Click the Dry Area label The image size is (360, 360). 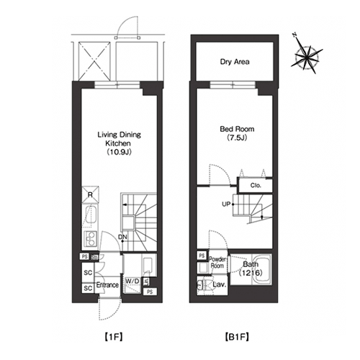click(x=235, y=62)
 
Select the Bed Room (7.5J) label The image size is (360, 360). click(x=237, y=133)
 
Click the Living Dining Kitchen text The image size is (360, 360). click(x=119, y=139)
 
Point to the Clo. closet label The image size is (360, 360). click(x=256, y=186)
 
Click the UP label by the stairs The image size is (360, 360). click(x=226, y=204)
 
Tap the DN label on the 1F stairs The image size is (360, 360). click(x=122, y=237)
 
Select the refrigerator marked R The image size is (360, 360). click(x=90, y=194)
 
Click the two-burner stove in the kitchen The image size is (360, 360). click(x=90, y=240)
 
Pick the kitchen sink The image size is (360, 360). click(x=91, y=217)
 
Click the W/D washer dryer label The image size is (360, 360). click(x=132, y=281)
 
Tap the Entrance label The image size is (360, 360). click(x=107, y=285)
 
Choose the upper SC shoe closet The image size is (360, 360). click(x=88, y=273)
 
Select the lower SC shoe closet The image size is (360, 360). click(x=88, y=288)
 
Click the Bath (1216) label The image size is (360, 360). click(x=251, y=269)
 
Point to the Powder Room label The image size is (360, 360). click(x=217, y=263)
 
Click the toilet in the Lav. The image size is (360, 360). click(x=204, y=285)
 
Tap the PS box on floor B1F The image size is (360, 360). click(x=202, y=256)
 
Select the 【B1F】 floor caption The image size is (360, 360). click(x=237, y=337)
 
